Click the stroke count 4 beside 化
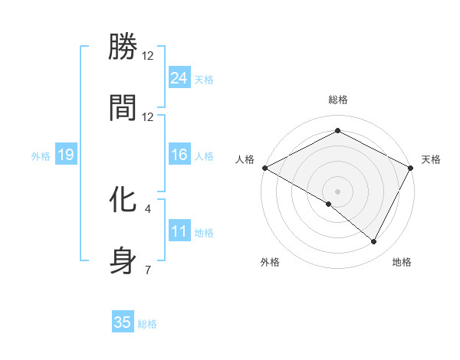[x=148, y=208]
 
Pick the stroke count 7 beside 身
[x=148, y=269]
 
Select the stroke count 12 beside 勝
[x=148, y=56]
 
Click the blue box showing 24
[x=179, y=77]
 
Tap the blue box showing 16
[x=179, y=155]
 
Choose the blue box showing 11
[x=179, y=231]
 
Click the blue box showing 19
[x=65, y=155]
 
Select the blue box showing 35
[x=123, y=322]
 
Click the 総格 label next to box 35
[x=147, y=324]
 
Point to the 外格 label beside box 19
[x=41, y=155]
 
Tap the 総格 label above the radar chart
[x=337, y=100]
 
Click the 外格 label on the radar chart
[x=270, y=262]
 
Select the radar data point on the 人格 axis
[x=264, y=167]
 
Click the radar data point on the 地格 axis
[x=374, y=241]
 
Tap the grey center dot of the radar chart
[x=337, y=191]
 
